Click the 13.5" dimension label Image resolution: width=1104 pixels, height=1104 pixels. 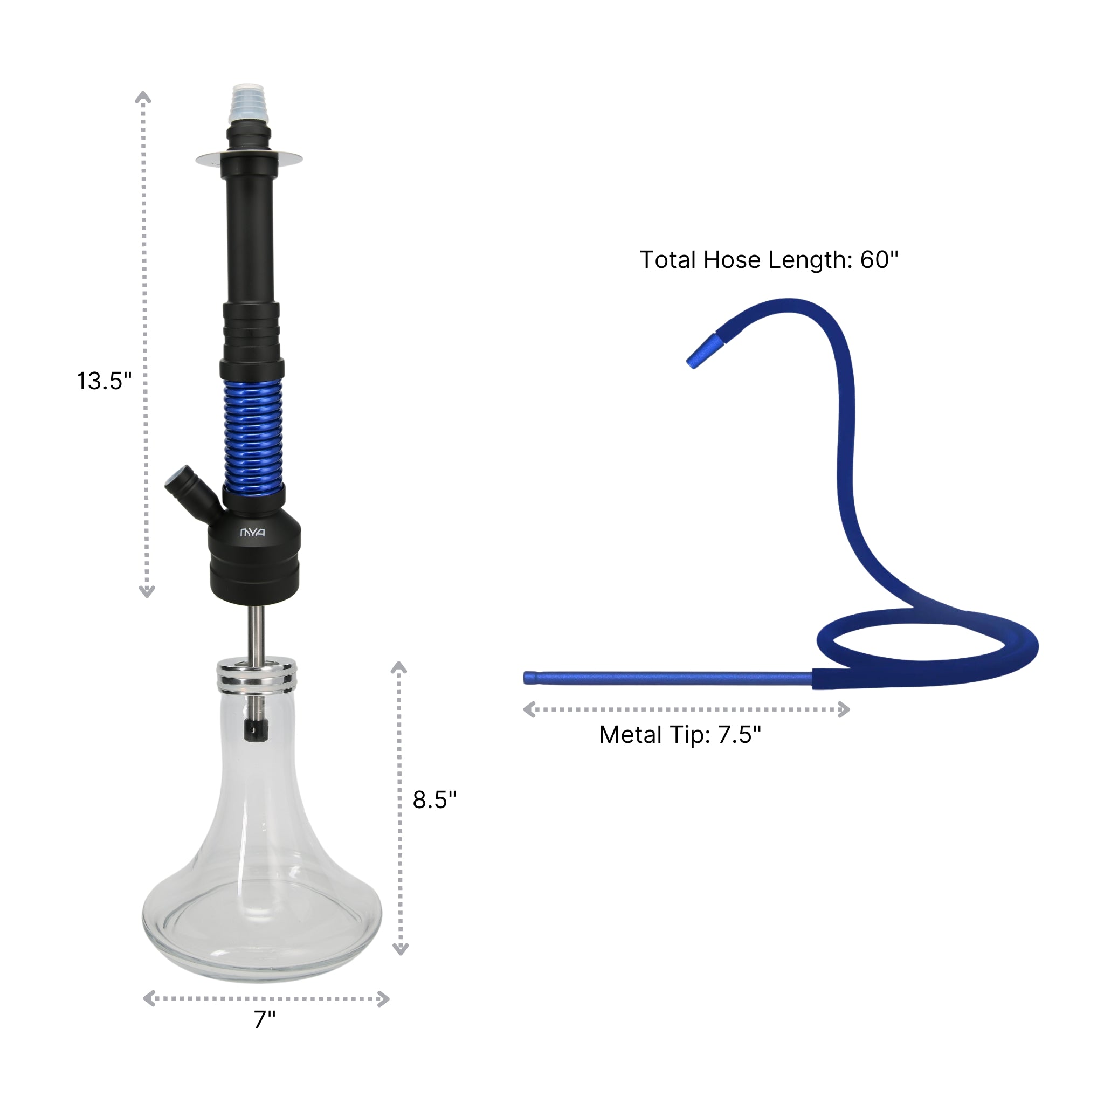coord(104,381)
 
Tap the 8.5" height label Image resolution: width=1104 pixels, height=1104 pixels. coord(434,799)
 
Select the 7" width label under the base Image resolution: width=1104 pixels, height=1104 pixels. coord(265,1019)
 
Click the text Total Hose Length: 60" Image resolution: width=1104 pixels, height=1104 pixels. coord(769,259)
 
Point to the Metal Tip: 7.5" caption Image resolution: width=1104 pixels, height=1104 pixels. coord(680,734)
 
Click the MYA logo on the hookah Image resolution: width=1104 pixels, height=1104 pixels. coord(252,533)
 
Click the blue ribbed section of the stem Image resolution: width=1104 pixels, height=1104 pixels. coord(253,437)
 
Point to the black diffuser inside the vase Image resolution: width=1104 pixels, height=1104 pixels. coord(256,730)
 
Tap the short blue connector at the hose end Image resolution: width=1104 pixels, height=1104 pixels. coord(705,351)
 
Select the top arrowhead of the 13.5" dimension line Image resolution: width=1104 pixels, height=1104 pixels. coord(143,97)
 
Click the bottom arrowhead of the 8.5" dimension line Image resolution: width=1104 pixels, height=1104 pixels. coord(401,949)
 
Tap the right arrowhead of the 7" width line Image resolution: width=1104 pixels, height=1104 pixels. coord(384,999)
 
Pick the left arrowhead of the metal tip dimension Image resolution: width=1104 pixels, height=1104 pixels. coord(529,710)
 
